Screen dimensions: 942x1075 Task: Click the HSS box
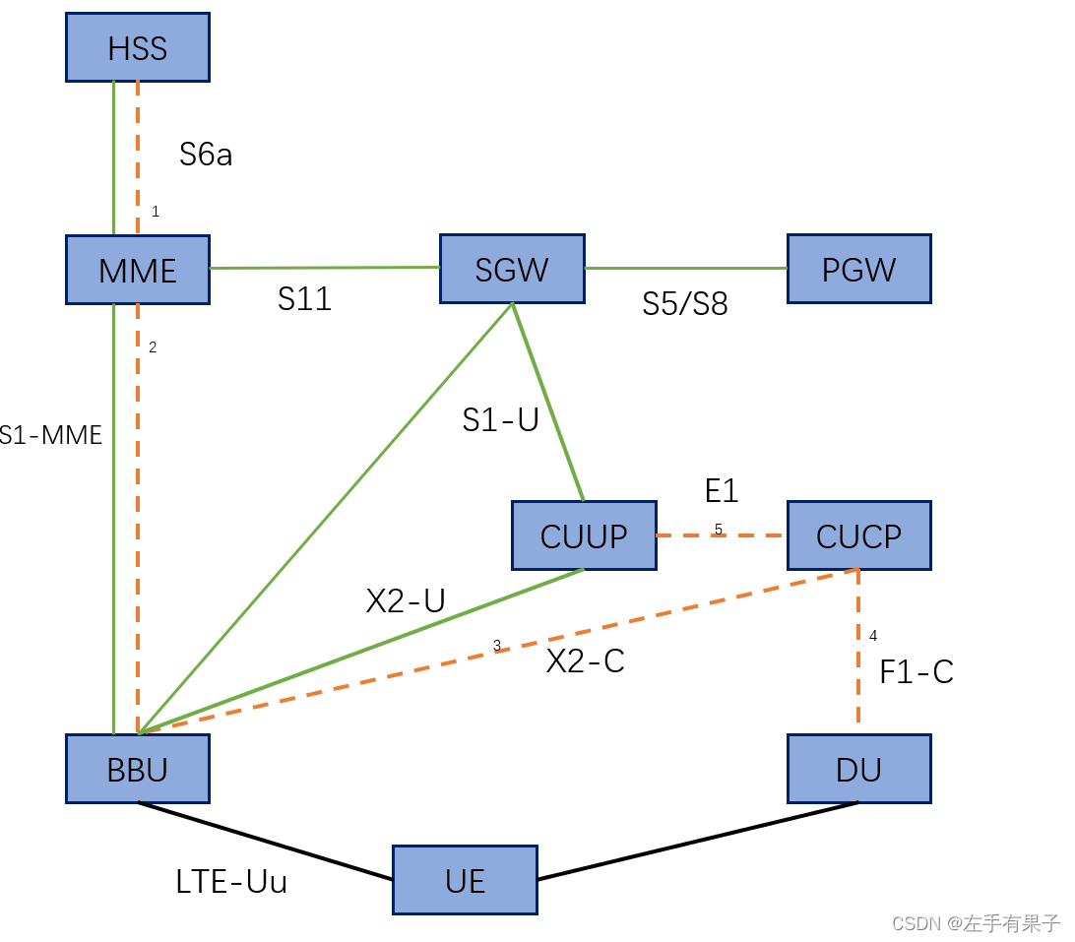coord(138,47)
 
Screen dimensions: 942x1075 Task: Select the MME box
coord(138,270)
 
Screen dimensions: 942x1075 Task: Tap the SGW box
coord(512,269)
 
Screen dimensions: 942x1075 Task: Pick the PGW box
coord(859,269)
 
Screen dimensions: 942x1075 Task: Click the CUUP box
coord(584,535)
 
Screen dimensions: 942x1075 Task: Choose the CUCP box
coord(859,535)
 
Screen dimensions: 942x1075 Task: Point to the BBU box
coord(138,769)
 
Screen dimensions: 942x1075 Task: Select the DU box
coord(859,769)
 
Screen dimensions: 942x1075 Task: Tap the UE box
coord(466,879)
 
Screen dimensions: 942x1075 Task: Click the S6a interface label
coord(206,154)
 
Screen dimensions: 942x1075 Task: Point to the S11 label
coord(304,298)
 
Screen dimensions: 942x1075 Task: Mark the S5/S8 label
coord(685,303)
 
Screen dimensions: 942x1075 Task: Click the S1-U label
coord(501,419)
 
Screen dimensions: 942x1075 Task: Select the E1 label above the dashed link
coord(722,490)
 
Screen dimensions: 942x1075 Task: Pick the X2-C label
coord(586,661)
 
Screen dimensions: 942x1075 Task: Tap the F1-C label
coord(917,672)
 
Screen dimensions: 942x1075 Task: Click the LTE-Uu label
coord(231,881)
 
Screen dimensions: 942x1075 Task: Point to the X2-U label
coord(406,600)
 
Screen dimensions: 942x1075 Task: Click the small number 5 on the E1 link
coord(719,530)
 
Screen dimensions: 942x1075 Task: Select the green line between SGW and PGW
coord(686,268)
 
